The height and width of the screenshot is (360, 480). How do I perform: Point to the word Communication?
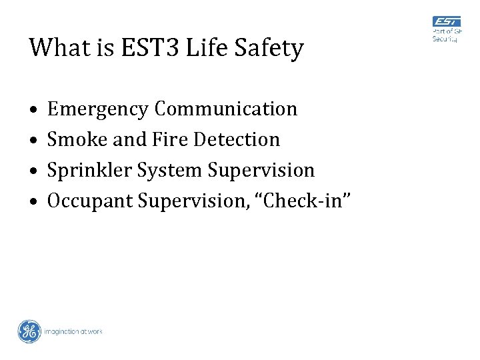225,109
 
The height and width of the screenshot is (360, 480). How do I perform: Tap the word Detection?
237,139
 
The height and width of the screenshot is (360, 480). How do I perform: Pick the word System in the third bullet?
170,171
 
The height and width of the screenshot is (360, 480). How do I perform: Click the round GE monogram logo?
29,331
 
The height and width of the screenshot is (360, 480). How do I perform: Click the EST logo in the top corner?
447,29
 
